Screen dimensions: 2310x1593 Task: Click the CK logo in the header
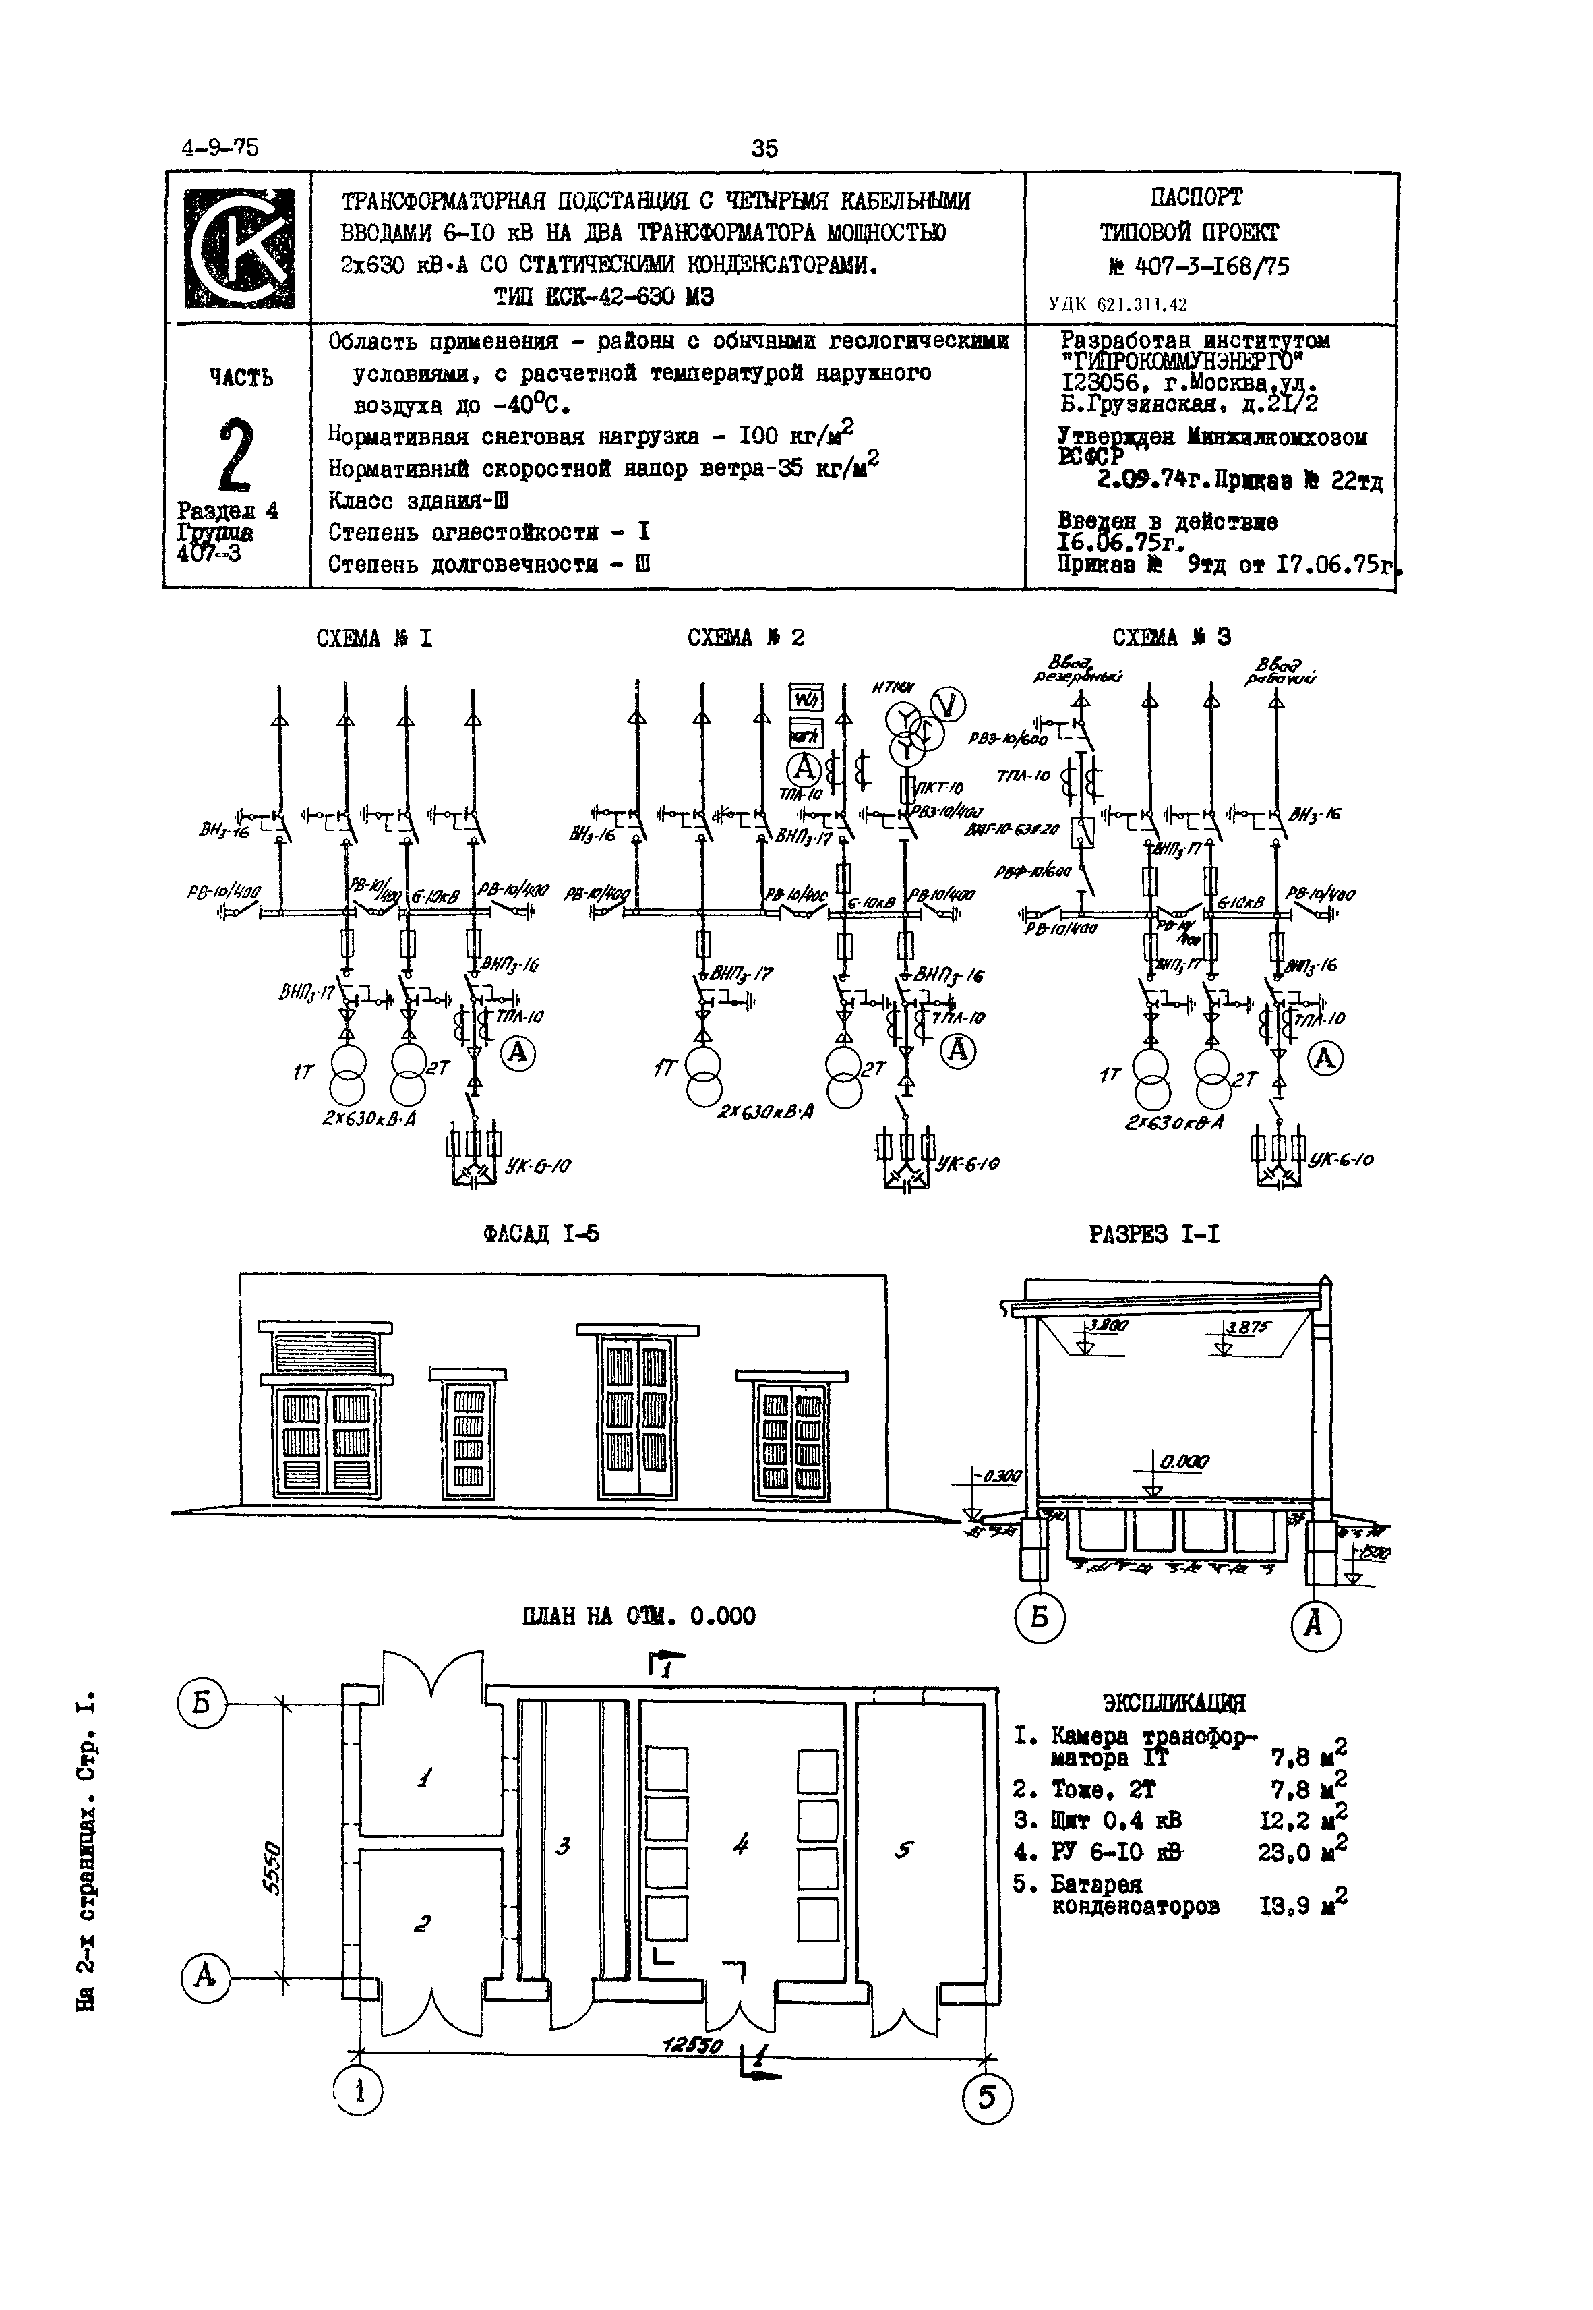[x=239, y=248]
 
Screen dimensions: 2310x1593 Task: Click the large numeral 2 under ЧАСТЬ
[x=235, y=455]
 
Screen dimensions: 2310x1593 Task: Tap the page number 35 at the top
[x=764, y=149]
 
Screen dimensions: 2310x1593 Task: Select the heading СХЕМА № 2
[x=746, y=638]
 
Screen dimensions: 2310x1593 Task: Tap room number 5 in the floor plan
[x=903, y=1849]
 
